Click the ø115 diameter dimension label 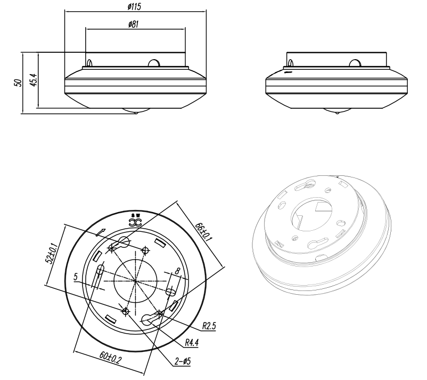(x=134, y=6)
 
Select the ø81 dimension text (x=134, y=25)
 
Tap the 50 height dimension (x=18, y=83)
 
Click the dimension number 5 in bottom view (x=76, y=277)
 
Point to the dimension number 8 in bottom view (x=177, y=271)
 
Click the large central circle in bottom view (x=135, y=281)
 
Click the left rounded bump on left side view (x=90, y=63)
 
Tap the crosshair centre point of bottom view (x=135, y=280)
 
